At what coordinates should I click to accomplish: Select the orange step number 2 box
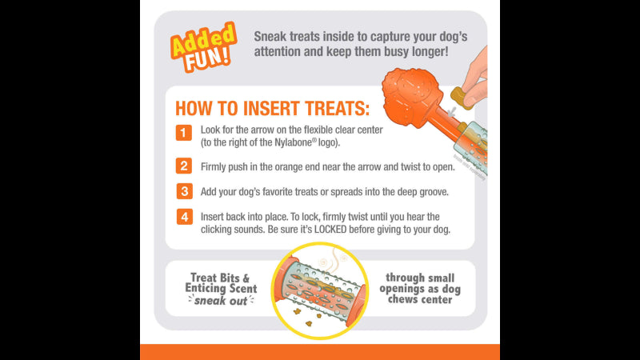[x=184, y=166]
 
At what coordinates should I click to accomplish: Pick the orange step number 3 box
[x=184, y=192]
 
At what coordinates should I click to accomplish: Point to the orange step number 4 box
[x=184, y=217]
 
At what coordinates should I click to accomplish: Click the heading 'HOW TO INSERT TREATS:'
[x=272, y=108]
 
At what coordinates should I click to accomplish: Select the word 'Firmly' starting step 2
[x=218, y=166]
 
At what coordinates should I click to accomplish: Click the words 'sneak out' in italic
[x=221, y=300]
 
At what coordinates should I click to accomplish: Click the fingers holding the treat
[x=477, y=76]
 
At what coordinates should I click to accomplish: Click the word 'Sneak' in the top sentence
[x=273, y=36]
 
